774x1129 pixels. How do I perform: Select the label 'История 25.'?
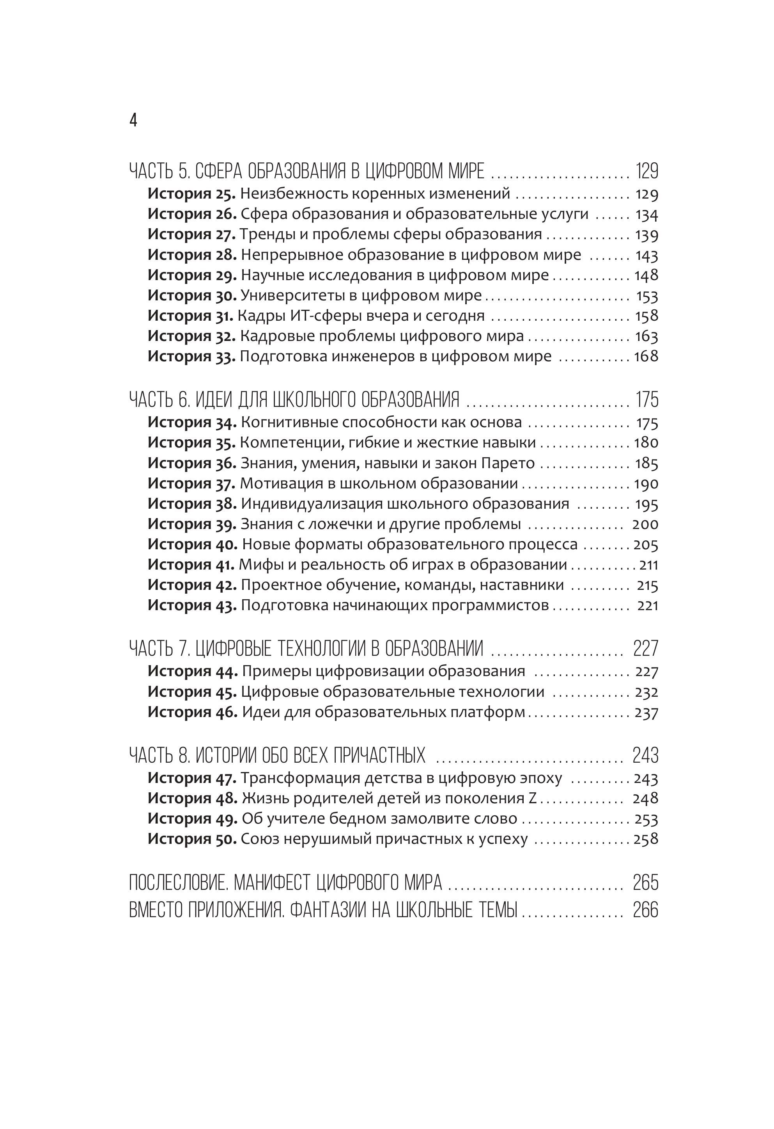[191, 193]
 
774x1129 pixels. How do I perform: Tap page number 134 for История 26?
[646, 214]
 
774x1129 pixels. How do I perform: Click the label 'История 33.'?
[191, 356]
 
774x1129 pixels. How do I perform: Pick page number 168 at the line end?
[646, 356]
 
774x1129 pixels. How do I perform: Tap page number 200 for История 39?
[645, 524]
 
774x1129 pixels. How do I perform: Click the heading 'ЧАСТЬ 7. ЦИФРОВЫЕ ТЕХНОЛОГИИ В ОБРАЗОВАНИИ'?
[306, 648]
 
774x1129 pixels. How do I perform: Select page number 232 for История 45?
[646, 692]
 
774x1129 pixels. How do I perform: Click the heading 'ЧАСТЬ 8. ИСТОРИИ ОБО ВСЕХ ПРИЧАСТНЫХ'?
[277, 755]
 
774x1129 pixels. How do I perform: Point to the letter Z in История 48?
[533, 798]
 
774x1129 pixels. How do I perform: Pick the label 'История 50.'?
[192, 839]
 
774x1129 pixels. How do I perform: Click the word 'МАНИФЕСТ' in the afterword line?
[273, 882]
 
